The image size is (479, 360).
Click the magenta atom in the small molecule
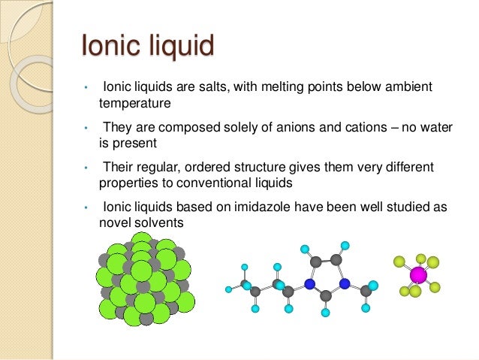(x=418, y=275)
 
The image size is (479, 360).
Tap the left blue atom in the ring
(x=309, y=284)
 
